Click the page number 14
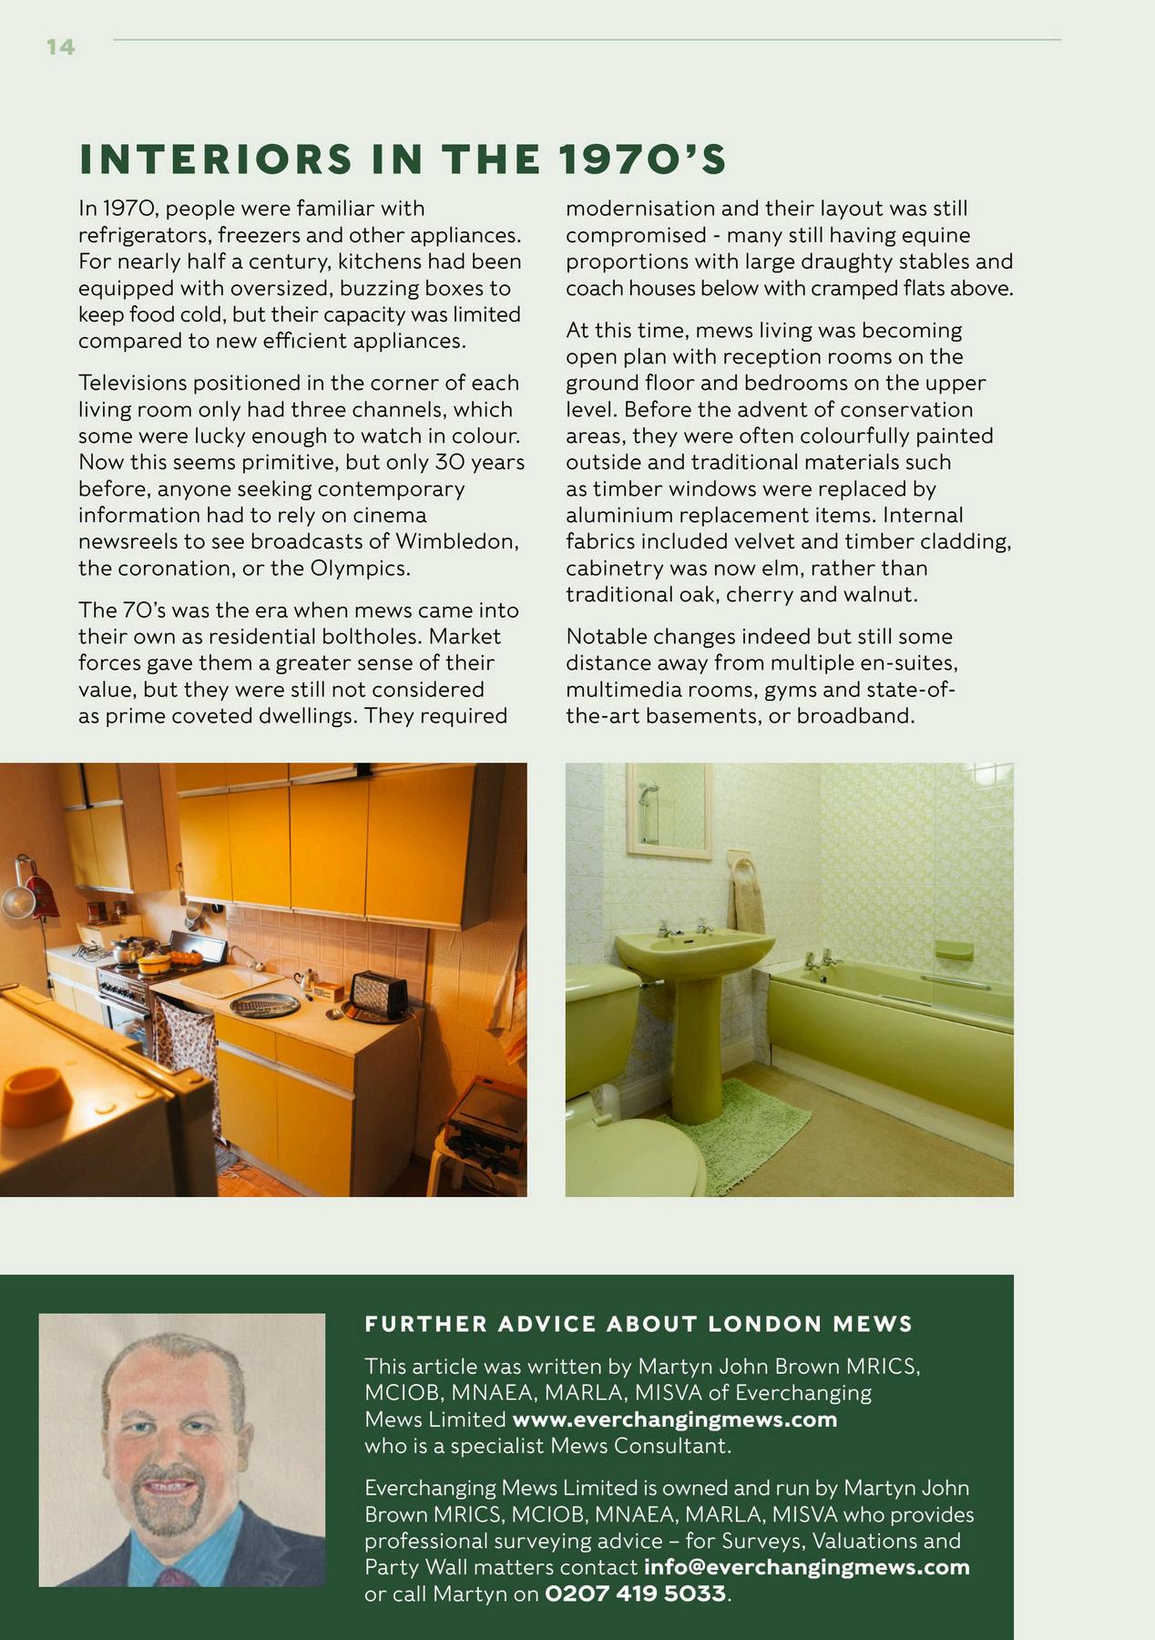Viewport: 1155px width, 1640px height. coord(60,46)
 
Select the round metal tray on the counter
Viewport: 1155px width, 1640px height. coord(265,1004)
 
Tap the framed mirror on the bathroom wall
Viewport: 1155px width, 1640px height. coord(669,810)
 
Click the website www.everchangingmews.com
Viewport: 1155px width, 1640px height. coord(674,1419)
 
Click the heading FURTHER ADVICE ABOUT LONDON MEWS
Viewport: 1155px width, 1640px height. coord(639,1324)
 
